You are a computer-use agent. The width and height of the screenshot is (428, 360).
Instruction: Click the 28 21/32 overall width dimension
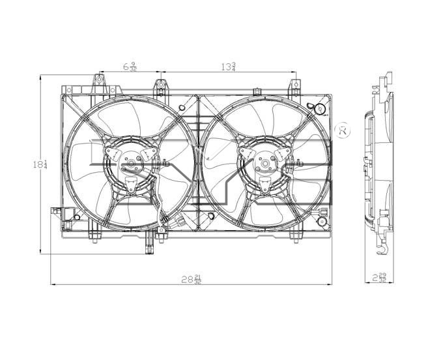tap(192, 279)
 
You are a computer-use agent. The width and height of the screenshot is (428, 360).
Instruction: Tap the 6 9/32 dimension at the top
tap(130, 65)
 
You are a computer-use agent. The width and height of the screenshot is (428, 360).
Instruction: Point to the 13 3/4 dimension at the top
tap(228, 65)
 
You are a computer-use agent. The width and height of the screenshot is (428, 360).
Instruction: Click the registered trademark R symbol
tap(341, 130)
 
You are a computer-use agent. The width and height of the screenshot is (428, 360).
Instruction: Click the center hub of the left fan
tap(132, 164)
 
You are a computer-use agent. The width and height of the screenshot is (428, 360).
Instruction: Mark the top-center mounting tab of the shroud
tap(160, 87)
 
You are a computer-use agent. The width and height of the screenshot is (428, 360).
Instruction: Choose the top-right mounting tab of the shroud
tap(294, 87)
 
